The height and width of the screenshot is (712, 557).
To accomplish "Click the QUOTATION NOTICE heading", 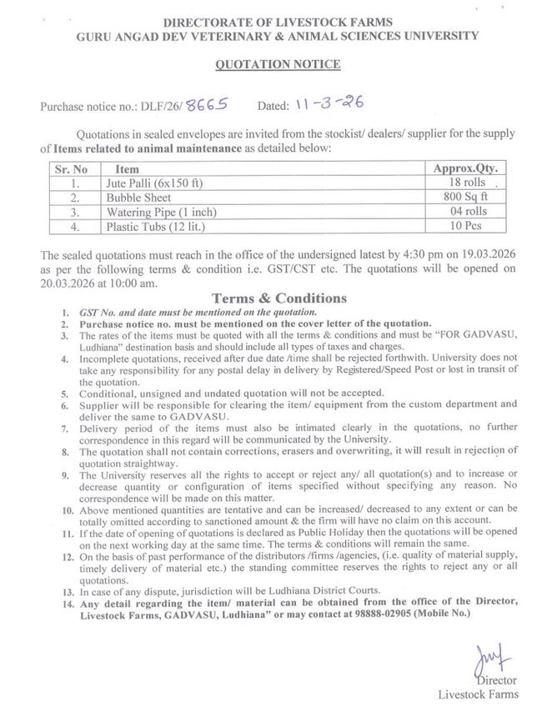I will (x=278, y=63).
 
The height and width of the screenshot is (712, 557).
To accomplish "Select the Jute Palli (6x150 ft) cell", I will (x=155, y=183).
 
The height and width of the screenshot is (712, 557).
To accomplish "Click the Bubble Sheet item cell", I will (x=138, y=198).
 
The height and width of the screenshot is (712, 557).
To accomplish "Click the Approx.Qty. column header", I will (x=471, y=168).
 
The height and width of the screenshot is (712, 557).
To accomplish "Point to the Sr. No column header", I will (x=73, y=168).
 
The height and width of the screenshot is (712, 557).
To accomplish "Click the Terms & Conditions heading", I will (x=278, y=298).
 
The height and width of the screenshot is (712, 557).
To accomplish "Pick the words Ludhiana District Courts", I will (x=297, y=588).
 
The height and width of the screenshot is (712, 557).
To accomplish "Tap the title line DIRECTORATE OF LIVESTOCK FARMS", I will (x=278, y=21).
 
